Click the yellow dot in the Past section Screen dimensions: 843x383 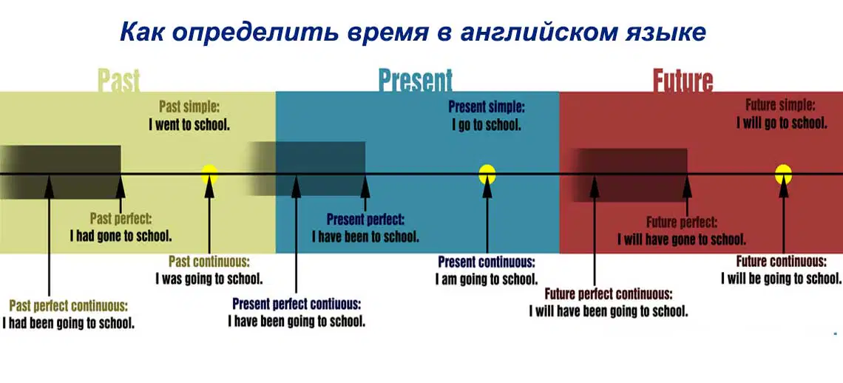pyautogui.click(x=210, y=174)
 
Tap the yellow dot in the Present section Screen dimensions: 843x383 pyautogui.click(x=487, y=174)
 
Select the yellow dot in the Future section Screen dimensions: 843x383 pyautogui.click(x=783, y=174)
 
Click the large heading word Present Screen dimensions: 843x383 pyautogui.click(x=416, y=81)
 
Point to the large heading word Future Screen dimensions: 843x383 pyautogui.click(x=683, y=81)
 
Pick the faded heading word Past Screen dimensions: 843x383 pyautogui.click(x=119, y=81)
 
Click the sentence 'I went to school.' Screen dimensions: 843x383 pyautogui.click(x=189, y=126)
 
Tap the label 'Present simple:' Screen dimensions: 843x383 pyautogui.click(x=487, y=106)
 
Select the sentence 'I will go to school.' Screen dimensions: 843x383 pyautogui.click(x=782, y=123)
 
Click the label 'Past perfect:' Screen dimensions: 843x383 pyautogui.click(x=121, y=219)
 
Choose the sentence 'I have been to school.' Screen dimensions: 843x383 pyautogui.click(x=365, y=236)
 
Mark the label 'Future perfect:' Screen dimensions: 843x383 pyautogui.click(x=682, y=222)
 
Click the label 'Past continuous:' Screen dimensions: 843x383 pyautogui.click(x=209, y=262)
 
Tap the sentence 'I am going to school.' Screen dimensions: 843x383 pyautogui.click(x=487, y=279)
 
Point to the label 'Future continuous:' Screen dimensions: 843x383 pyautogui.click(x=781, y=262)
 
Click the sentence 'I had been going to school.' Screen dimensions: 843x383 pyautogui.click(x=68, y=323)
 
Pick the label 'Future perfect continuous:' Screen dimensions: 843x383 pyautogui.click(x=608, y=294)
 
